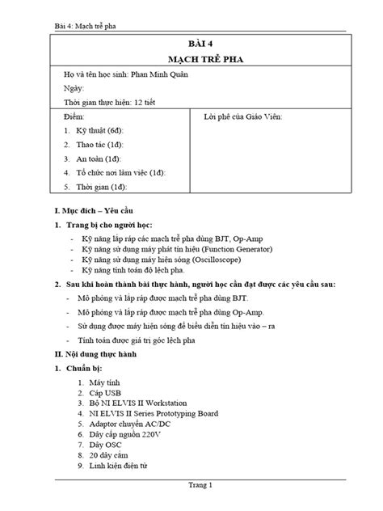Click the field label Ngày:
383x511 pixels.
click(73, 88)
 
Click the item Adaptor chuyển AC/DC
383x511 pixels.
click(130, 424)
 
